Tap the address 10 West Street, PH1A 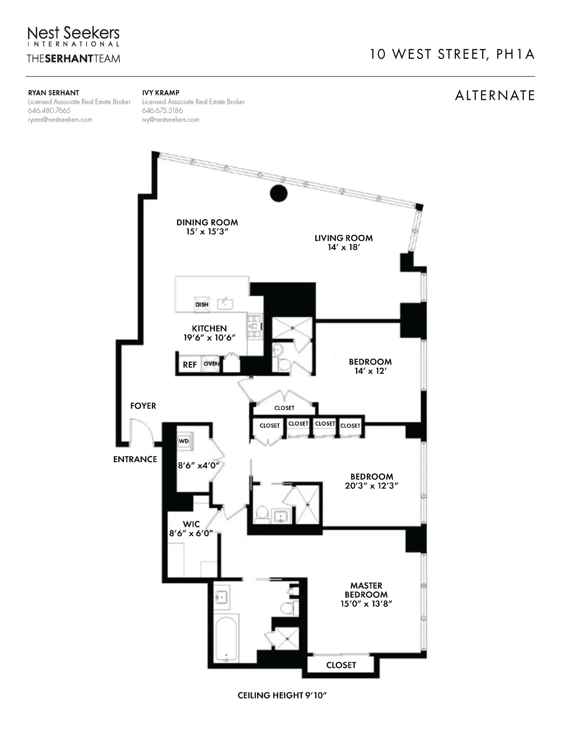coord(452,54)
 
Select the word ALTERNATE coord(495,95)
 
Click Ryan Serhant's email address coord(60,120)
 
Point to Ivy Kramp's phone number coord(162,111)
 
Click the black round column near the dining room coord(278,193)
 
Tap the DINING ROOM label coord(207,223)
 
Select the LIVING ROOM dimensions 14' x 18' coord(344,247)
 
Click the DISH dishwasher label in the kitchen coord(202,304)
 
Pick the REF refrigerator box coord(189,364)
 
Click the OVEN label coord(211,364)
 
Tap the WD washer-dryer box coord(184,441)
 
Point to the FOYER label coord(143,406)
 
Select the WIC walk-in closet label coord(191,524)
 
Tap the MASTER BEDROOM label coord(366,590)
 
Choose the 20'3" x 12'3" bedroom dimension coord(371,486)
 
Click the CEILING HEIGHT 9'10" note coord(282,696)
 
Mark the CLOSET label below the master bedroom coord(341,665)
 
